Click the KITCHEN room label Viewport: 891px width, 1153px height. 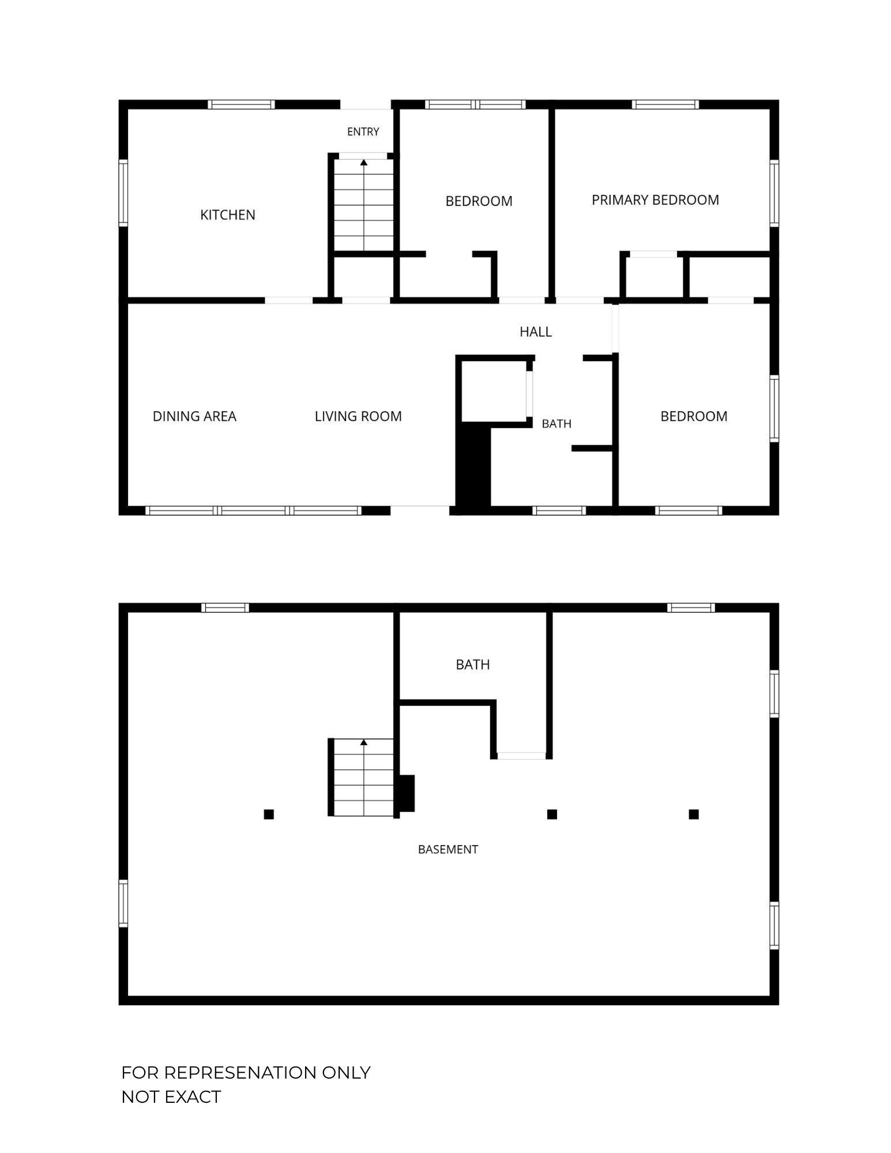coord(227,215)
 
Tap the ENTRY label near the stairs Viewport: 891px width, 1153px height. coord(363,132)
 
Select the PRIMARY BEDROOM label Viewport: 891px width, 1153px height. coord(655,200)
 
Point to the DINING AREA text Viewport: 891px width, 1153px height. coord(194,416)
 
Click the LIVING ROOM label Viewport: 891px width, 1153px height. coord(358,416)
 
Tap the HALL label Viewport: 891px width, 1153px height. coord(536,332)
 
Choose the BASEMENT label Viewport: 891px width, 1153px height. coord(448,849)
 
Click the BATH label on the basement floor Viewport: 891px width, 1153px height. coord(473,664)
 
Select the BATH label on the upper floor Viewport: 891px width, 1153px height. coord(557,423)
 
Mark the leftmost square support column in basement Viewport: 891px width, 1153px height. coord(269,814)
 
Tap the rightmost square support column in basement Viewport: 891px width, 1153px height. coord(694,814)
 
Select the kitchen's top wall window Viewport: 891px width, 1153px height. coord(241,104)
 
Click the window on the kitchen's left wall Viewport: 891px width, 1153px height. coord(123,192)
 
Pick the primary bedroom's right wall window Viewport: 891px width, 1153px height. coord(775,193)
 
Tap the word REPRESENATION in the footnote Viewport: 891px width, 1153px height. coord(240,1073)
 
